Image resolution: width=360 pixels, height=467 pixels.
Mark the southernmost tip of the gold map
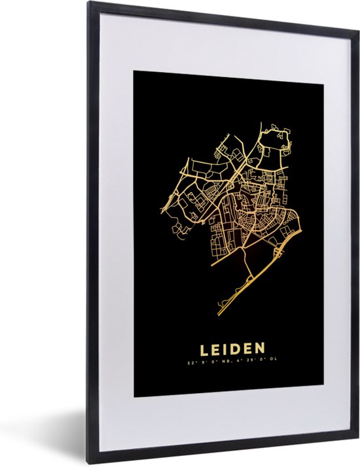(219, 316)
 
